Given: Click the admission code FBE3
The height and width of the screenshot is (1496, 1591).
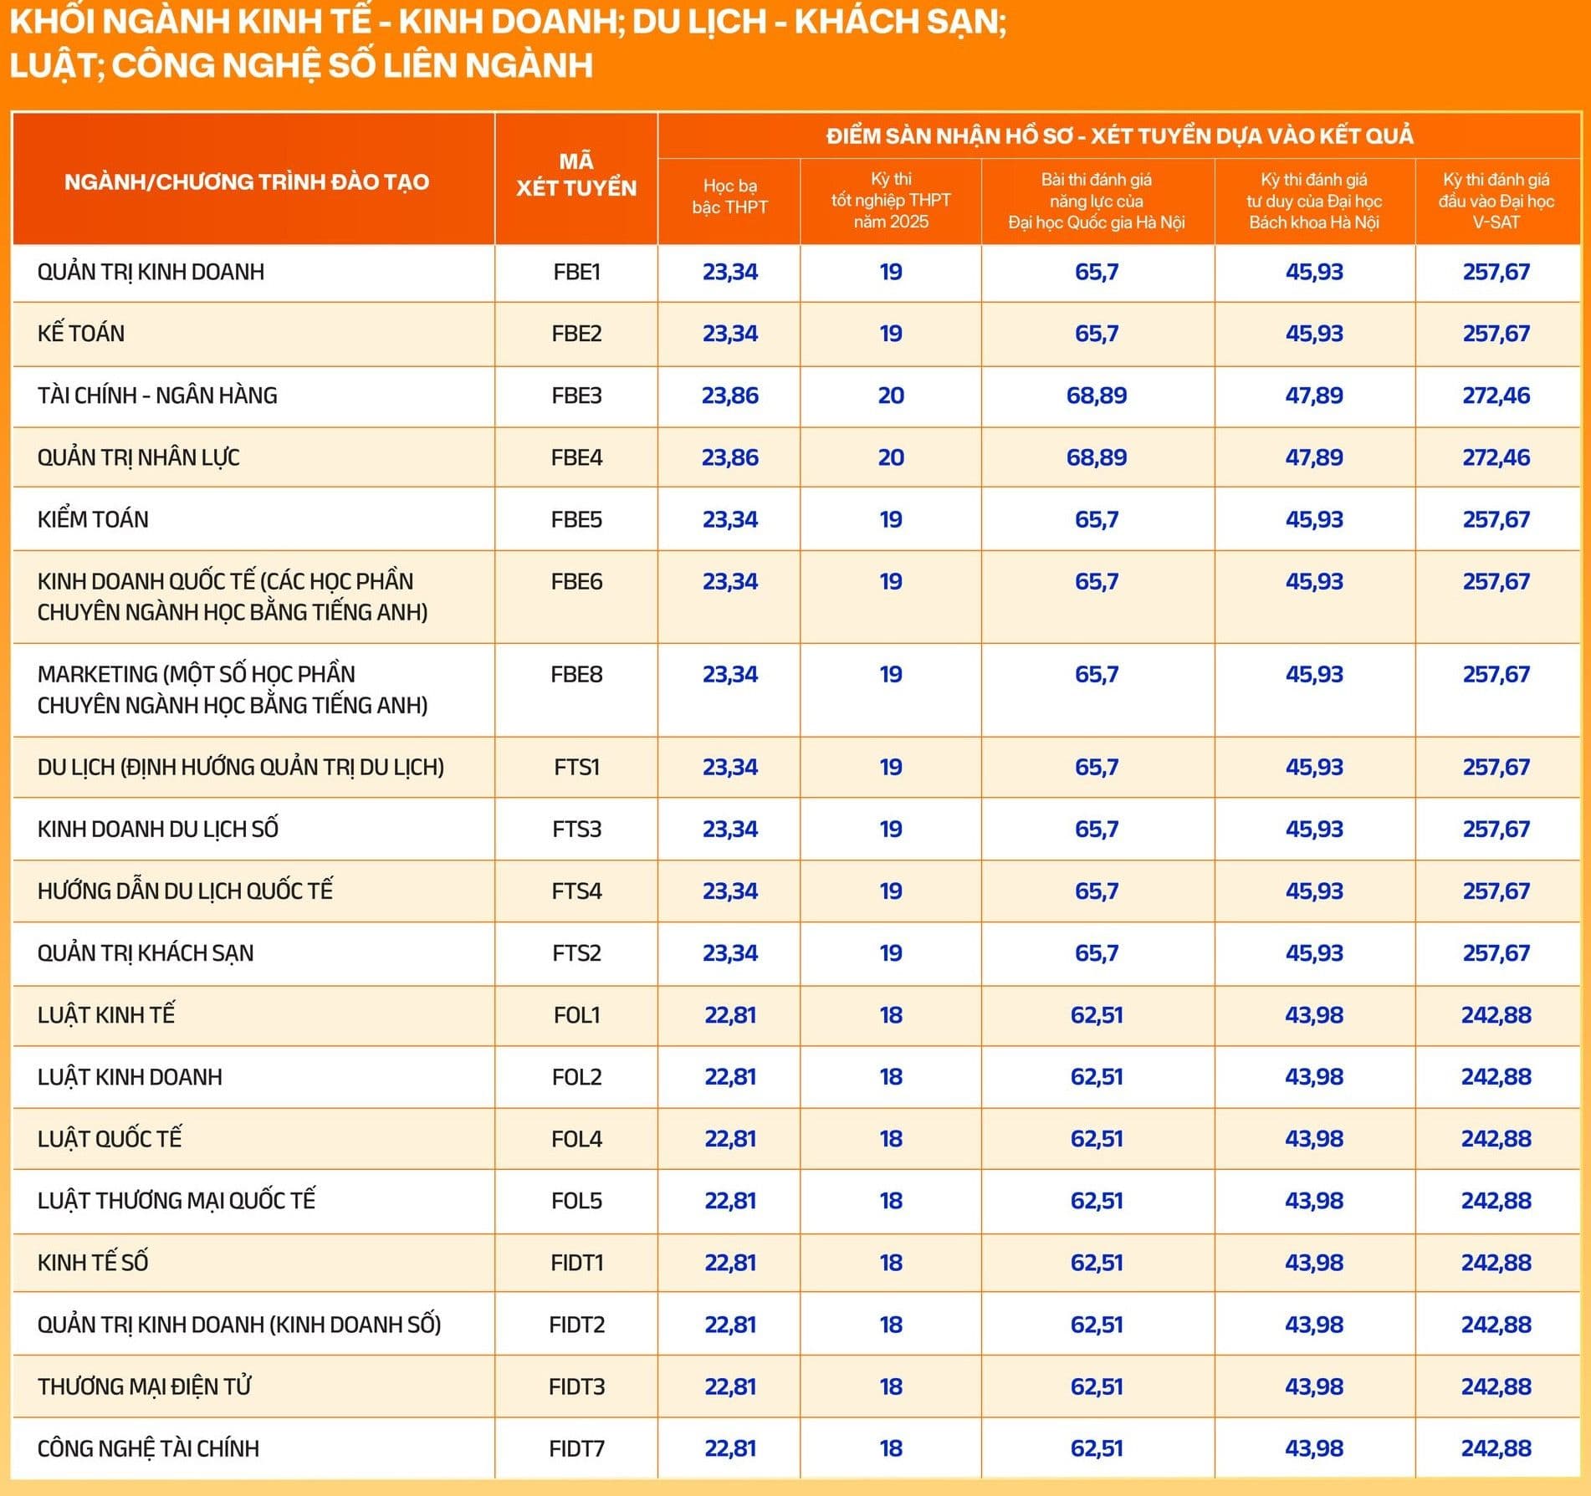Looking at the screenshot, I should [576, 396].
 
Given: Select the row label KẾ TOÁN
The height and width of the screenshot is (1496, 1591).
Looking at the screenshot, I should [81, 334].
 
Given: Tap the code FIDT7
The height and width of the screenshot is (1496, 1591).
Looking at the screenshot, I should [576, 1448].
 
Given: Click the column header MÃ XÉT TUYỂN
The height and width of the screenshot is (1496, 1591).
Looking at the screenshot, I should [576, 175].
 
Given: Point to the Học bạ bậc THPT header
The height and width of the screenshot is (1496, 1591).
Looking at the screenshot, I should [729, 197].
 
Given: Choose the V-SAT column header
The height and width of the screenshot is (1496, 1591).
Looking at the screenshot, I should [1496, 201].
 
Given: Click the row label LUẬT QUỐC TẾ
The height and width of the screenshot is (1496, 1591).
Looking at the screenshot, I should [110, 1139].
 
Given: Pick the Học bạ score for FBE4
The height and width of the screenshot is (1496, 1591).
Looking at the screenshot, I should [729, 457].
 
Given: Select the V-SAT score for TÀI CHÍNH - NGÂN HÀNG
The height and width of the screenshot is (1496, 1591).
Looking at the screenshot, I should [1496, 396].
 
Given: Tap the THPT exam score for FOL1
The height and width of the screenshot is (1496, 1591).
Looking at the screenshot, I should [891, 1015].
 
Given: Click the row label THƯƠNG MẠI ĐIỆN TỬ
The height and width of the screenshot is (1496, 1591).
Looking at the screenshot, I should [145, 1386].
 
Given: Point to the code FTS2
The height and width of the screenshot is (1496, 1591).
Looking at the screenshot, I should [576, 953].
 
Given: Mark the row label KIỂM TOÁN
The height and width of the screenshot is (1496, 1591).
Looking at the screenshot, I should [93, 519].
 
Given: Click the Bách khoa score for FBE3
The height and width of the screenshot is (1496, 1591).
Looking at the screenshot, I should [1314, 396].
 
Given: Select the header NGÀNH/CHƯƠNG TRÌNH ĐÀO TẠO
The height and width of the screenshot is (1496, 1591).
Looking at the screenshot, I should [247, 182].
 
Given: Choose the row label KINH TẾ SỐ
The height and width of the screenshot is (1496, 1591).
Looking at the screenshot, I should [93, 1263].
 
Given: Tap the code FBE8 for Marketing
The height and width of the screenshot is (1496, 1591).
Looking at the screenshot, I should [576, 675].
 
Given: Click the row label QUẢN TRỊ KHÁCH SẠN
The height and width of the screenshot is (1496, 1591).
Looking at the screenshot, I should [146, 953].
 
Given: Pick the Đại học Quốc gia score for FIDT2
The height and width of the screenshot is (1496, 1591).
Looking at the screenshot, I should [1097, 1325].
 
